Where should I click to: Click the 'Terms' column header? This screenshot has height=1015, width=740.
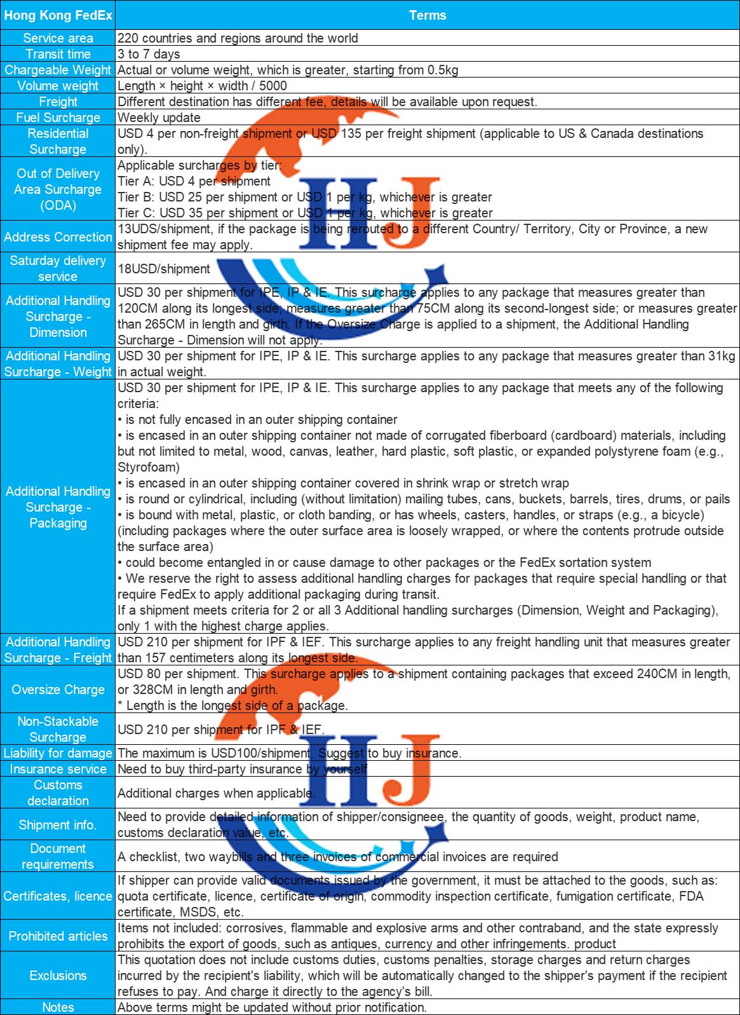(x=427, y=15)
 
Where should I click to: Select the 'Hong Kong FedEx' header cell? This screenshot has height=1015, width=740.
(x=58, y=15)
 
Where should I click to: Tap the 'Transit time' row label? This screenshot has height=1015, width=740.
(x=58, y=54)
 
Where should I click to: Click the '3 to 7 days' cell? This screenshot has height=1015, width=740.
(x=149, y=54)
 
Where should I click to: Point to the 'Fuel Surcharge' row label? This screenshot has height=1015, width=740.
(x=58, y=118)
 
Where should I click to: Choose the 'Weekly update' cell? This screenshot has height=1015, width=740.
(x=159, y=118)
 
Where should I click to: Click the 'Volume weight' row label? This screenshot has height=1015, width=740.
(x=58, y=86)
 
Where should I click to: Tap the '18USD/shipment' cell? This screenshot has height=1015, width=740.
(x=164, y=269)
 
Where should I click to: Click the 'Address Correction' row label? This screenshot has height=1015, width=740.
(x=58, y=237)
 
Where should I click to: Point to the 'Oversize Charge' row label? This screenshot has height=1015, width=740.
(x=58, y=690)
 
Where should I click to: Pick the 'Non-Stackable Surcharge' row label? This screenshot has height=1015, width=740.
(x=58, y=729)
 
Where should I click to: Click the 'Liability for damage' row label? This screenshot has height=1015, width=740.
(x=58, y=753)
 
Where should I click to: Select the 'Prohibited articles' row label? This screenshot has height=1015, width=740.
(x=58, y=936)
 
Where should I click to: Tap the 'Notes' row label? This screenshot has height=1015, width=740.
(x=58, y=1007)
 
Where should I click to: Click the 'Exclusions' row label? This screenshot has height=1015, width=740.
(x=58, y=976)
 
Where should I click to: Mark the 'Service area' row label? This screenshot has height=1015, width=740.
(x=58, y=38)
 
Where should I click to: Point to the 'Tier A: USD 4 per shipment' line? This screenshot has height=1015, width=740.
(x=194, y=181)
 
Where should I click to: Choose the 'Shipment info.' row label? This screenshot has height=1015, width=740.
(x=58, y=825)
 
